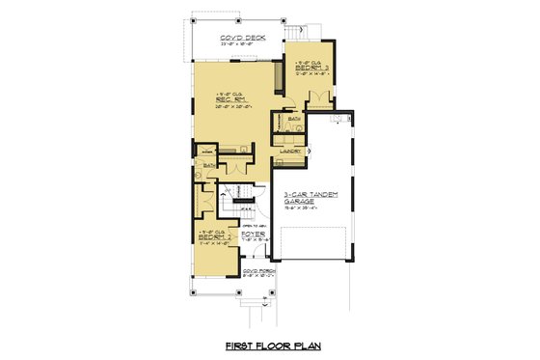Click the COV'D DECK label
(x=241, y=38)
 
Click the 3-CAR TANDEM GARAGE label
(x=310, y=197)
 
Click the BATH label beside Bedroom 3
(x=293, y=120)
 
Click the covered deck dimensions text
(x=241, y=44)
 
